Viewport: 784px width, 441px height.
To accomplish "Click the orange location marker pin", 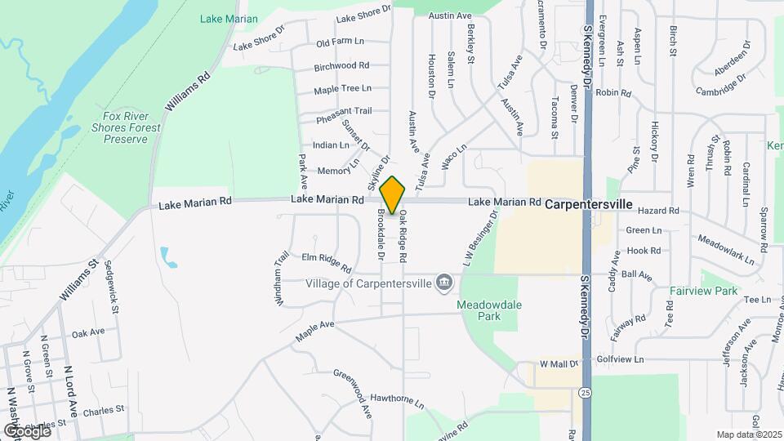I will (393, 194).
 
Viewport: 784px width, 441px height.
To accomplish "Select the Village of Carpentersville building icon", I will (444, 283).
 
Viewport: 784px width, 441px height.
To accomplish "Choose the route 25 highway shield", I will (586, 392).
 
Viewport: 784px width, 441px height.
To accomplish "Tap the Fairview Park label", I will (703, 291).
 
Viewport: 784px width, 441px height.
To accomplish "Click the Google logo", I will (27, 430).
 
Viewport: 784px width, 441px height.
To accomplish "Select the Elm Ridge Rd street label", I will (327, 262).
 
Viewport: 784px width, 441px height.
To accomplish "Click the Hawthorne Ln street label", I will (398, 401).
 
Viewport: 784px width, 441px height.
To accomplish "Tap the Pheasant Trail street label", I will (343, 111).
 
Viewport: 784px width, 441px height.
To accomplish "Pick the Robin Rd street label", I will (614, 93).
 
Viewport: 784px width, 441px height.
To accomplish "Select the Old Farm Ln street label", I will (340, 42).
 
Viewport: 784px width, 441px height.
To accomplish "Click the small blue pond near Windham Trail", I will (168, 257).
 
